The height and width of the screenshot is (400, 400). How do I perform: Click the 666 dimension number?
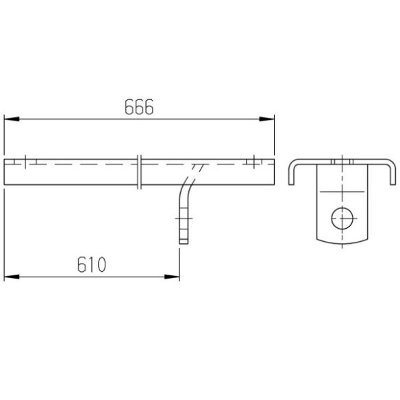(139, 107)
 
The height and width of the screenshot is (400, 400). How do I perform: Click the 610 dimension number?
(92, 264)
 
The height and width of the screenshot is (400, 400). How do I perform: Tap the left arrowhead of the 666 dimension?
(12, 119)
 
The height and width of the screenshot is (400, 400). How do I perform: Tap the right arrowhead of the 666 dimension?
(266, 119)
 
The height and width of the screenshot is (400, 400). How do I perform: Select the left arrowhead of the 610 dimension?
(12, 277)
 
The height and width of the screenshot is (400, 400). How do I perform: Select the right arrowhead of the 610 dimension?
(172, 277)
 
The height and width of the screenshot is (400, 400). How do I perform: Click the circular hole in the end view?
(342, 218)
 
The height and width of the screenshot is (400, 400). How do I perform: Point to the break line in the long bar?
(139, 172)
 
